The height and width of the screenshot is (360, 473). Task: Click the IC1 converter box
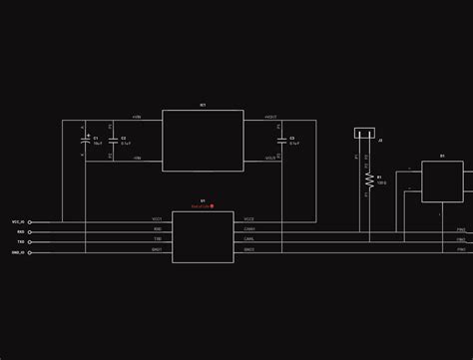pos(203,140)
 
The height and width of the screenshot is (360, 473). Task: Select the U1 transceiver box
pos(203,236)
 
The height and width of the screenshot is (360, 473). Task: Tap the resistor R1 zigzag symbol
pos(369,180)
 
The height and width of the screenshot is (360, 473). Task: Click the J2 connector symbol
pos(366,133)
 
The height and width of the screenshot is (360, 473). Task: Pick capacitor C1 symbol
pos(85,141)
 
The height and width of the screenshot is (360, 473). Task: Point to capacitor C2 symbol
pos(114,141)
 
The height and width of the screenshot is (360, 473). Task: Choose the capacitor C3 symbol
pos(282,141)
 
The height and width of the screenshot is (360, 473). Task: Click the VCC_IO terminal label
pos(18,221)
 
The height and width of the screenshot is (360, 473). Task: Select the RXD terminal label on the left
pos(21,231)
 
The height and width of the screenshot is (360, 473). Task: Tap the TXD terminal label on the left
pos(21,241)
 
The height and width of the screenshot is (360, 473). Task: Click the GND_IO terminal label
pos(18,252)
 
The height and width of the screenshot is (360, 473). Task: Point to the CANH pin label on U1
pos(249,228)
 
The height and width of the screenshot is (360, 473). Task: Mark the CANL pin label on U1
pos(249,238)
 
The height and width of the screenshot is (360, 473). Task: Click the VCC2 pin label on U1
pos(249,218)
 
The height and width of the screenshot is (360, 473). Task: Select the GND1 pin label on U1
pos(157,249)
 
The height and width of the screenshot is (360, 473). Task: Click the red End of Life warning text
pos(202,205)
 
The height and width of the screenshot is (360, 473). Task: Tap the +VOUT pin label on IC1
pos(270,117)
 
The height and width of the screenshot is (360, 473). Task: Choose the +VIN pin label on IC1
pos(137,117)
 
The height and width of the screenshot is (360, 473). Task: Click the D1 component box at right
pos(442,181)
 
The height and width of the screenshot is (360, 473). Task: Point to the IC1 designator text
pos(203,104)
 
